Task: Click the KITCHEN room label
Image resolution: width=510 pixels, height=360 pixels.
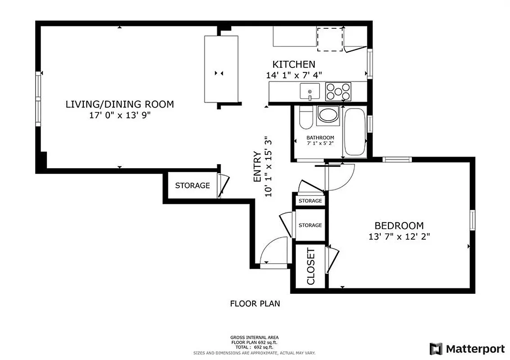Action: [x=293, y=64]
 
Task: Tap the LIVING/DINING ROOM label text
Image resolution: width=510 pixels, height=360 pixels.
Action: [x=120, y=104]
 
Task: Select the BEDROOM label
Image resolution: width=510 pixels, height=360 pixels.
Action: [x=399, y=226]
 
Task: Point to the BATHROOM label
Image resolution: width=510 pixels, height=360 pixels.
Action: [x=320, y=138]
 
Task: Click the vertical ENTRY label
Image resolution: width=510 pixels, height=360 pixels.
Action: [x=257, y=166]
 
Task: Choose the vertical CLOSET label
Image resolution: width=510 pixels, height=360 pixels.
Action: [x=311, y=266]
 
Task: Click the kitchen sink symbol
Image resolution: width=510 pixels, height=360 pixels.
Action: [x=310, y=92]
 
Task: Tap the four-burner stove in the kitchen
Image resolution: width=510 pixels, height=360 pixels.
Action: [x=338, y=91]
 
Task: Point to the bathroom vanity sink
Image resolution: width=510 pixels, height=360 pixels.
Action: [x=328, y=115]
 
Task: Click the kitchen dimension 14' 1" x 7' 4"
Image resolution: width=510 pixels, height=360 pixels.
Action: [x=293, y=75]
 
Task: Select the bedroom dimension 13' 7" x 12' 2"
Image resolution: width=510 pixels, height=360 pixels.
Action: [x=399, y=236]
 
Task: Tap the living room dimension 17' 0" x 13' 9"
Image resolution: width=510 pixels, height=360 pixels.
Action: [x=120, y=115]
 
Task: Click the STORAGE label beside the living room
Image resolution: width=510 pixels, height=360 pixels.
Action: [x=192, y=185]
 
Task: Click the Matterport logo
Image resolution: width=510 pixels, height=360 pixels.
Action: [x=467, y=348]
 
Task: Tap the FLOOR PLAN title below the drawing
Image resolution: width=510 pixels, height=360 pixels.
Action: [x=255, y=304]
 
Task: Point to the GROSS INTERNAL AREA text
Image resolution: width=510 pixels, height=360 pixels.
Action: [x=254, y=337]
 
